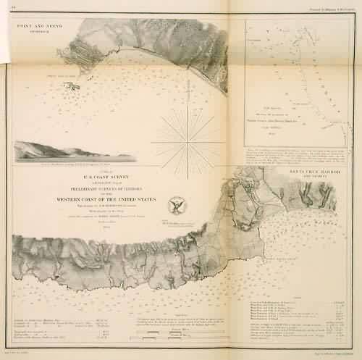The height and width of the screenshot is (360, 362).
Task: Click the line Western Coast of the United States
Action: (104, 198)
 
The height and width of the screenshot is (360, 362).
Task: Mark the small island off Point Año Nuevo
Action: (71, 86)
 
